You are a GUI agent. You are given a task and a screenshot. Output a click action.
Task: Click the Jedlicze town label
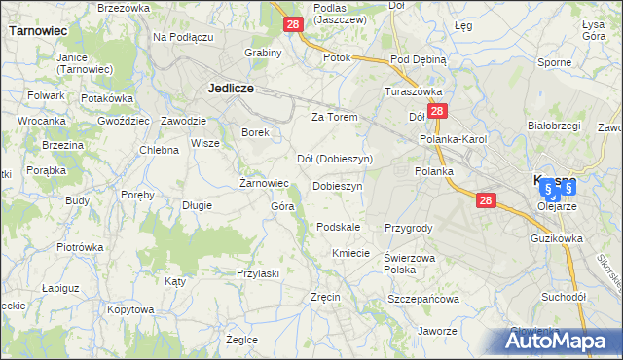pos(232,88)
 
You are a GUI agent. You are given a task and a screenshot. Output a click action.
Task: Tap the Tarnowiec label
pos(37,31)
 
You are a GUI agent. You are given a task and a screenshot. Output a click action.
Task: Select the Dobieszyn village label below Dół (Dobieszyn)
pos(338,186)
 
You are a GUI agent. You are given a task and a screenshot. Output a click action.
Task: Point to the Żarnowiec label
pos(264,183)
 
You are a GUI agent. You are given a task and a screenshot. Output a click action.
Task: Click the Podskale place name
pos(339,227)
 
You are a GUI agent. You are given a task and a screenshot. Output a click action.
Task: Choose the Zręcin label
pos(324,297)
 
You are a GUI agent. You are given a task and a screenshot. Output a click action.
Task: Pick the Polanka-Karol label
pos(453,140)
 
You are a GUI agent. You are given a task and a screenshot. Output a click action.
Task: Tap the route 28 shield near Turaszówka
pos(438,112)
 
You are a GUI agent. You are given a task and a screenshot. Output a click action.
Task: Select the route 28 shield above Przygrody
pos(487,200)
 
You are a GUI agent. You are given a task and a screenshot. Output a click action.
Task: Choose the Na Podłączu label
pos(183,37)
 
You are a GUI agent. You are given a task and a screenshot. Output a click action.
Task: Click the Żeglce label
pos(241,340)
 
